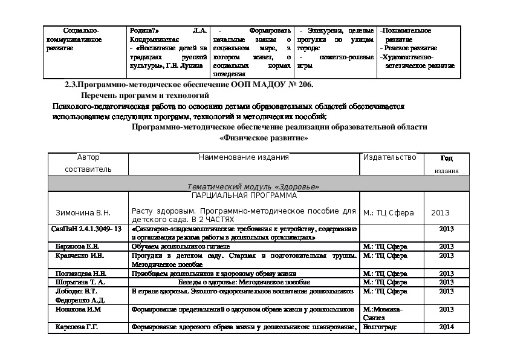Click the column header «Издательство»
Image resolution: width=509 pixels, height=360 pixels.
click(389, 158)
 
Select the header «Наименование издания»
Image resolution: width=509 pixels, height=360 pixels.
click(244, 158)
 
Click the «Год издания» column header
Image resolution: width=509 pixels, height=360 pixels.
click(446, 164)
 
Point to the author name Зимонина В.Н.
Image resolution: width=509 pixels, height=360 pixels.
click(83, 213)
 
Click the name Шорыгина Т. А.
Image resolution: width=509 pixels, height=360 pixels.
click(80, 282)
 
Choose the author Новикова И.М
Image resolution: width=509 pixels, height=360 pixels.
click(78, 309)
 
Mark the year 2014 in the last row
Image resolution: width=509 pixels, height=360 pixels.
click(446, 327)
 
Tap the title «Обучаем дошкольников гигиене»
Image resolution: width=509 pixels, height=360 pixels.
click(180, 247)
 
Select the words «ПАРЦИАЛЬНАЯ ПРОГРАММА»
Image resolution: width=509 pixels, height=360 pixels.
click(244, 196)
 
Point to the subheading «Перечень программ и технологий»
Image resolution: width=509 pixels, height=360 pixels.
click(145, 95)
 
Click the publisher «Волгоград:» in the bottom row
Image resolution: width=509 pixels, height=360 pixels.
click(379, 327)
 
